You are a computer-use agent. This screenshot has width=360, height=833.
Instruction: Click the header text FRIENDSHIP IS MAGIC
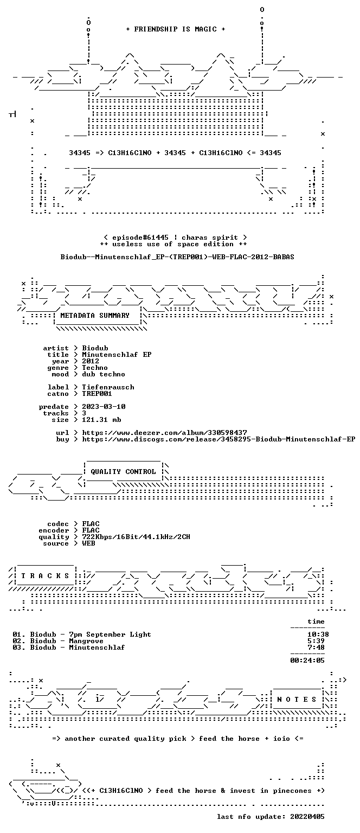176,29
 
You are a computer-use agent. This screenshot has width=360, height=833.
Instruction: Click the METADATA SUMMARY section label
95,315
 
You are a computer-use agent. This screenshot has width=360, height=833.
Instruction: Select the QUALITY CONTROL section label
123,471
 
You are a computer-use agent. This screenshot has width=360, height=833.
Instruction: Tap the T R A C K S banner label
45,575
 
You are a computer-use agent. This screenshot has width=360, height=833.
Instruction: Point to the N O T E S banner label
297,700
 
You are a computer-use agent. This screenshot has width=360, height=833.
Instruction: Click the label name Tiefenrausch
108,387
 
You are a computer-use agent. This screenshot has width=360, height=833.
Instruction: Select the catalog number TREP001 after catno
97,393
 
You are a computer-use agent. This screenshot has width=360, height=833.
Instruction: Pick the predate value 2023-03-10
104,406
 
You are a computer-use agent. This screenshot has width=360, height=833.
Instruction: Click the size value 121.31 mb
101,419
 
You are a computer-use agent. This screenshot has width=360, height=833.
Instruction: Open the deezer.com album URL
164,432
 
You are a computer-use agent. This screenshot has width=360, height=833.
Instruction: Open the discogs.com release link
218,439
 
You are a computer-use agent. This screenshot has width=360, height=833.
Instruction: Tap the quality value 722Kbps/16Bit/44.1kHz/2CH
136,536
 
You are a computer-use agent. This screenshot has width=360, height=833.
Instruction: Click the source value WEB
88,543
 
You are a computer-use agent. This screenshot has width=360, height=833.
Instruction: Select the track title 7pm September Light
110,635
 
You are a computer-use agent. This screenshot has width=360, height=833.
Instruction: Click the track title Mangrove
86,641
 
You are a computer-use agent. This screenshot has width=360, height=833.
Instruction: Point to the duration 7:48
316,648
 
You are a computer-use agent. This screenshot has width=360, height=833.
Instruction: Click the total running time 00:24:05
307,661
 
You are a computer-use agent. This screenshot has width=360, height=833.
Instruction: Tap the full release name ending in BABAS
177,257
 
